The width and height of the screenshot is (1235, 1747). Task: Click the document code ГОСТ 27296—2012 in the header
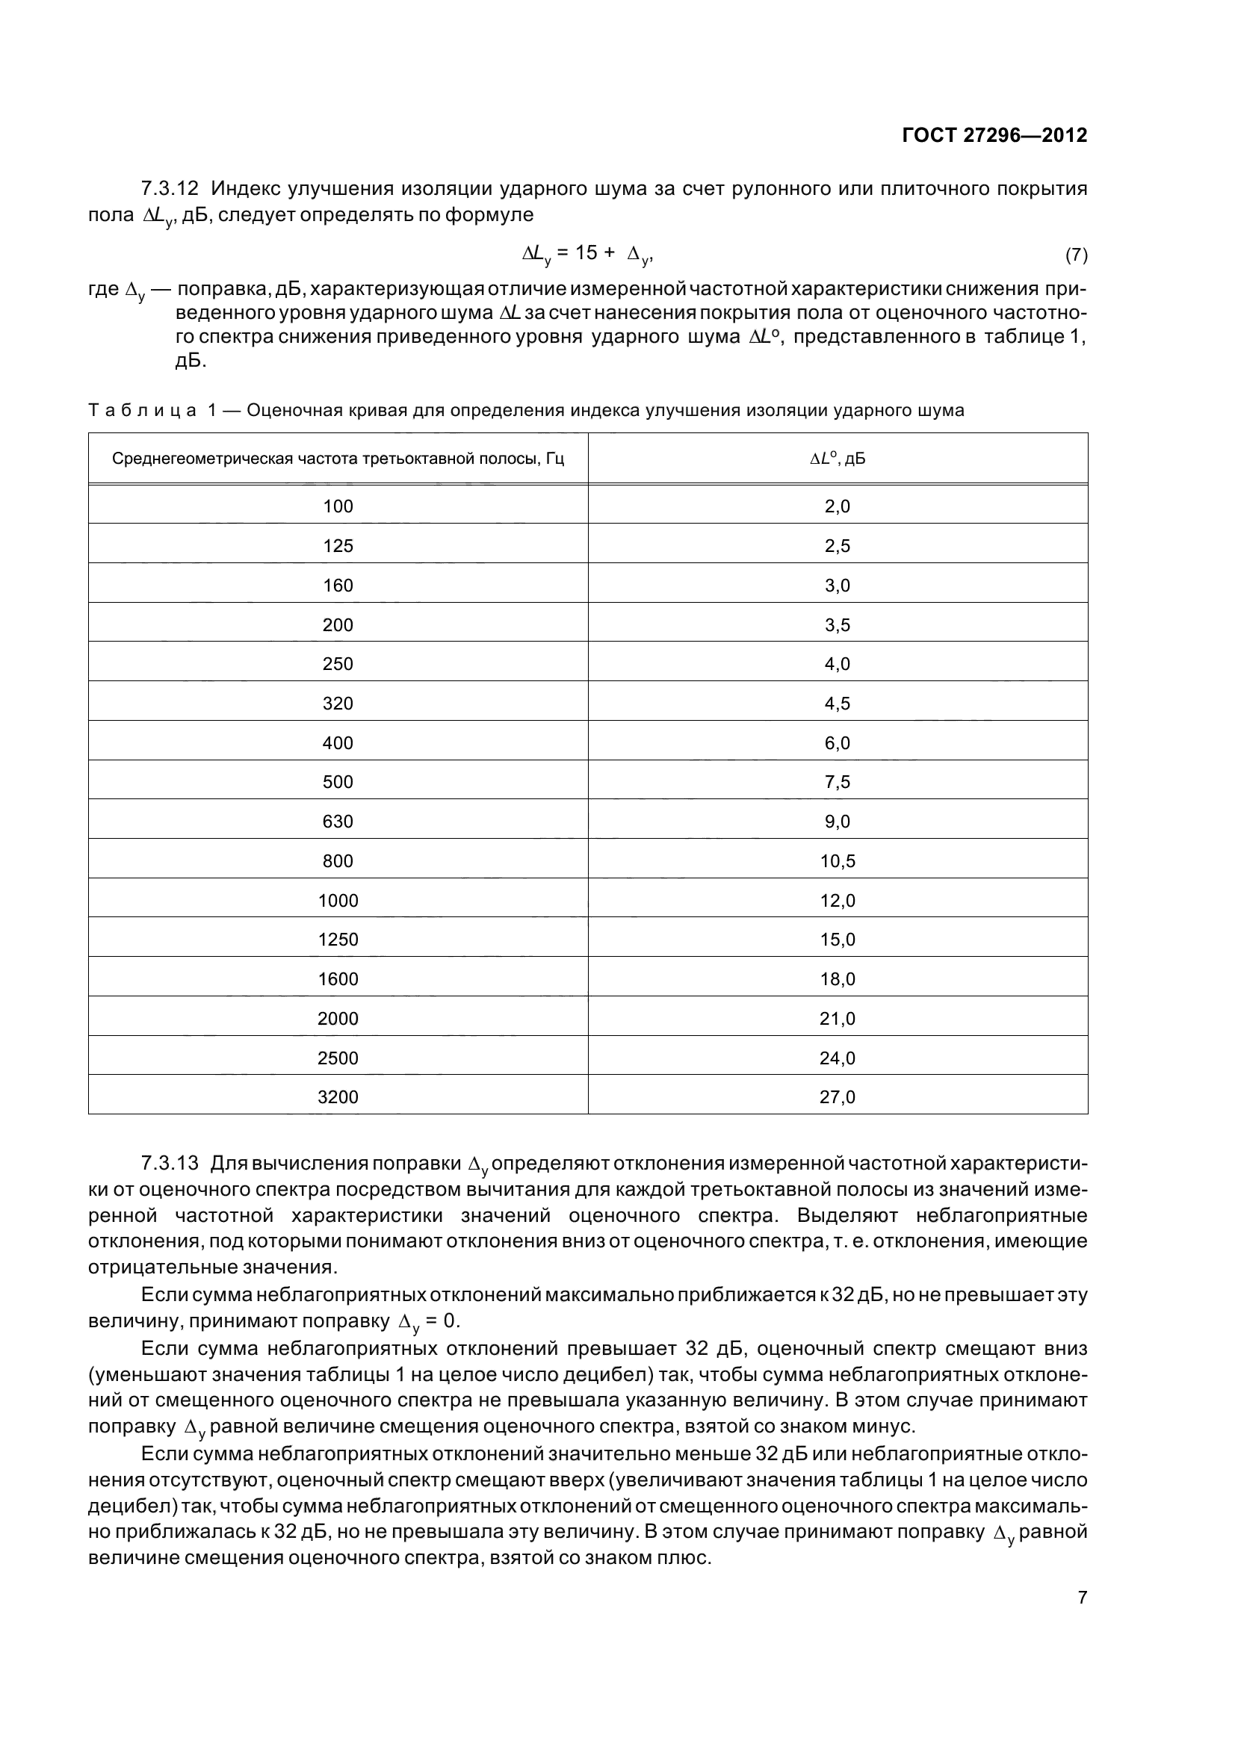tap(994, 135)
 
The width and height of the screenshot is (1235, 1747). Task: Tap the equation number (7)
tap(1076, 255)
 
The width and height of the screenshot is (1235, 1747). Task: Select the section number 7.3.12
tap(170, 188)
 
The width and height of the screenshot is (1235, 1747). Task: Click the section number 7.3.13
tap(170, 1164)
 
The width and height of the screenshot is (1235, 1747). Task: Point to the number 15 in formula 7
tap(586, 253)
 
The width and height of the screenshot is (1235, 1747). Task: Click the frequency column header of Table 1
tap(338, 459)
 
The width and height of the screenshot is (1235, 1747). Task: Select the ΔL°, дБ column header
tap(837, 459)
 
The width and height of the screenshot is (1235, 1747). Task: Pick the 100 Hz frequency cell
tap(338, 506)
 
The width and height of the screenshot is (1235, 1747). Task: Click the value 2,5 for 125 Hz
tap(837, 546)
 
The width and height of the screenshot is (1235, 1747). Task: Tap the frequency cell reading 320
tap(338, 704)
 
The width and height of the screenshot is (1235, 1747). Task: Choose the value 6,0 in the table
tap(837, 743)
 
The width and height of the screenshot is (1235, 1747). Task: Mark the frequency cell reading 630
tap(338, 822)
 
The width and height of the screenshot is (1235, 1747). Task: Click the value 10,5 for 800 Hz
tap(837, 861)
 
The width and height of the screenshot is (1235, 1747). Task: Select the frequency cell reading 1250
tap(338, 940)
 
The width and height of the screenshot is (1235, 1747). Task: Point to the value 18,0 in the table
tap(837, 979)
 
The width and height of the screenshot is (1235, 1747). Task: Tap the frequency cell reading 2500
tap(338, 1058)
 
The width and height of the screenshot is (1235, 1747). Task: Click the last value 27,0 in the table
tap(837, 1097)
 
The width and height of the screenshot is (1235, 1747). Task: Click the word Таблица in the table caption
tap(141, 411)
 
